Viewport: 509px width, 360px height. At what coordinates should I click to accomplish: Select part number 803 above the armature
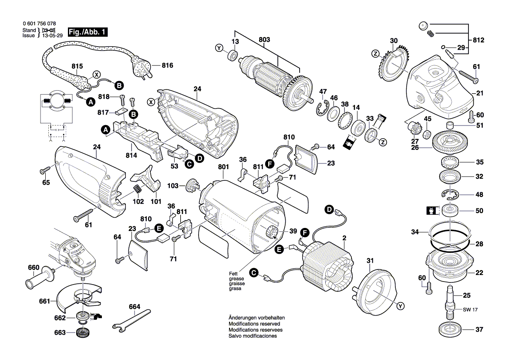tap(264, 40)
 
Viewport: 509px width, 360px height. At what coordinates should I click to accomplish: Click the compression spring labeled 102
tap(136, 190)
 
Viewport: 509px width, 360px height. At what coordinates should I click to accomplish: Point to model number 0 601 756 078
tap(39, 24)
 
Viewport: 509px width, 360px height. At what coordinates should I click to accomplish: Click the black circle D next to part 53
tap(199, 158)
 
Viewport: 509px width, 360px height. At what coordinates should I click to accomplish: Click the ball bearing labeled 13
tap(233, 55)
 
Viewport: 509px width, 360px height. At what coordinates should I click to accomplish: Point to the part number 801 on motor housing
tap(223, 166)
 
